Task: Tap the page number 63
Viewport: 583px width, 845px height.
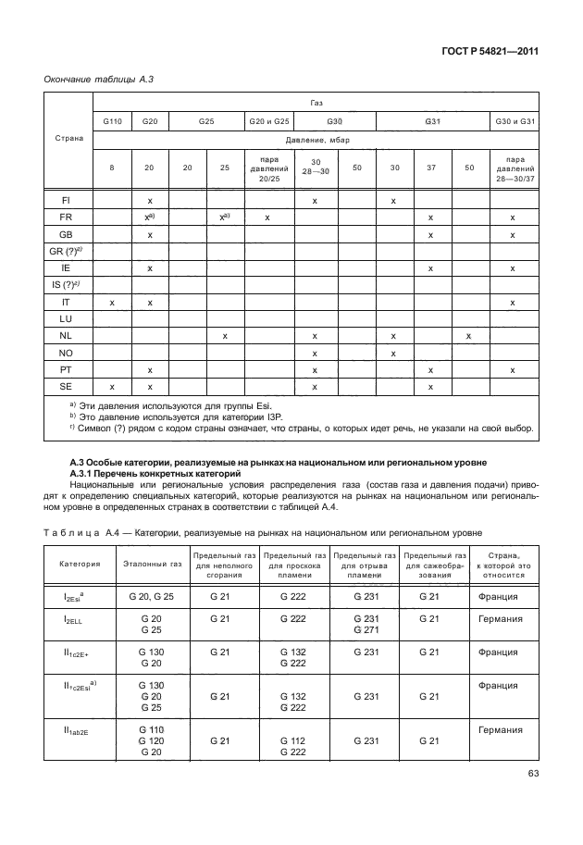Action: click(x=527, y=775)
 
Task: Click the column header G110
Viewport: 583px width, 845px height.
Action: click(x=112, y=122)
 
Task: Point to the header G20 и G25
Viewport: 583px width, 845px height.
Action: click(x=267, y=122)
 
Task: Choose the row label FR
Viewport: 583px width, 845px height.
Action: click(x=66, y=217)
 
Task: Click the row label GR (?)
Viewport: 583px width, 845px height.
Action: click(x=65, y=251)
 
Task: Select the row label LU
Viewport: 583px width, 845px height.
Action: click(x=66, y=318)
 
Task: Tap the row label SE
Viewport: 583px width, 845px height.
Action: click(x=66, y=386)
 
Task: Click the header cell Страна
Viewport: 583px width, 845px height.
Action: click(x=66, y=139)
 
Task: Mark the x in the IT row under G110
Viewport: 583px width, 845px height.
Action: click(x=112, y=302)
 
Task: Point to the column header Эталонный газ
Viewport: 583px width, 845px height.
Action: click(x=145, y=561)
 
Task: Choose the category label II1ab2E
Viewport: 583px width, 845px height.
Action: click(x=74, y=730)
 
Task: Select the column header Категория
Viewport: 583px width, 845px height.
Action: click(x=74, y=561)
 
